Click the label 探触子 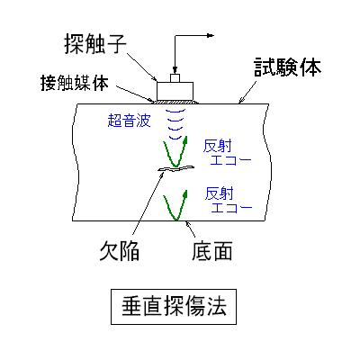pyautogui.click(x=95, y=44)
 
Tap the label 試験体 pyautogui.click(x=287, y=67)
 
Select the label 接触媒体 pyautogui.click(x=75, y=83)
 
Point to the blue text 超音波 pyautogui.click(x=129, y=121)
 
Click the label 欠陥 pyautogui.click(x=119, y=250)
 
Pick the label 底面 pyautogui.click(x=211, y=250)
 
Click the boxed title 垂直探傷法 pyautogui.click(x=174, y=306)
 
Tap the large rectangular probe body pyautogui.click(x=175, y=91)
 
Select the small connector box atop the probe pyautogui.click(x=175, y=77)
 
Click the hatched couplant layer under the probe pyautogui.click(x=175, y=103)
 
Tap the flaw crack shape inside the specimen pyautogui.click(x=176, y=169)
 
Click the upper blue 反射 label pyautogui.click(x=218, y=147)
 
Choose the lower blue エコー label pyautogui.click(x=231, y=208)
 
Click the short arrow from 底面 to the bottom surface pyautogui.click(x=191, y=229)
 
